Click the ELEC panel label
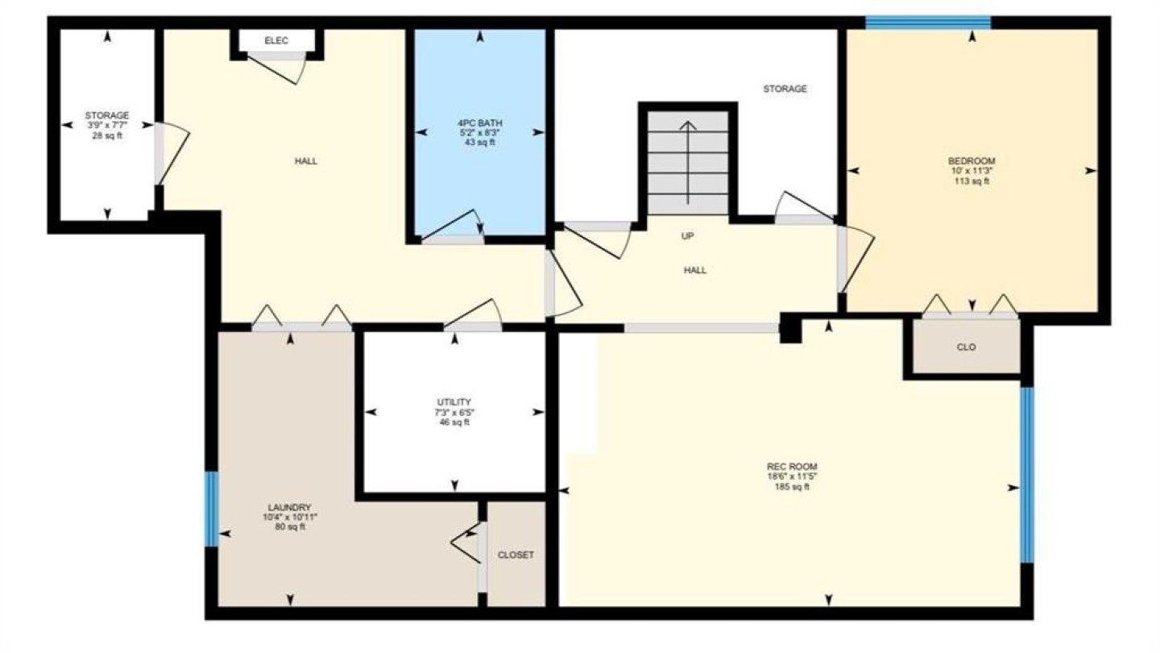tap(276, 40)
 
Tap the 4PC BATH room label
tap(480, 123)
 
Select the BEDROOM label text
tap(971, 161)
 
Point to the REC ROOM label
tap(792, 467)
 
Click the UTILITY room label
tap(454, 402)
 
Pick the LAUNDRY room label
tap(289, 507)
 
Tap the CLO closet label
tap(967, 347)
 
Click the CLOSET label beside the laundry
tap(516, 555)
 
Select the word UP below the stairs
tap(687, 236)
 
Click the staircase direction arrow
tap(688, 162)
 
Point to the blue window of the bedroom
tap(928, 23)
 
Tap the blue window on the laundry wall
tap(212, 509)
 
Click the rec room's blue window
tap(1027, 475)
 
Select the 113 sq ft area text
tap(971, 181)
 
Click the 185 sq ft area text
tap(792, 487)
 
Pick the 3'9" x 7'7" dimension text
tap(107, 126)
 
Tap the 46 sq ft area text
tap(454, 422)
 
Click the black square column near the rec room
tap(791, 327)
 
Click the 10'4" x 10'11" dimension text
tap(289, 518)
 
